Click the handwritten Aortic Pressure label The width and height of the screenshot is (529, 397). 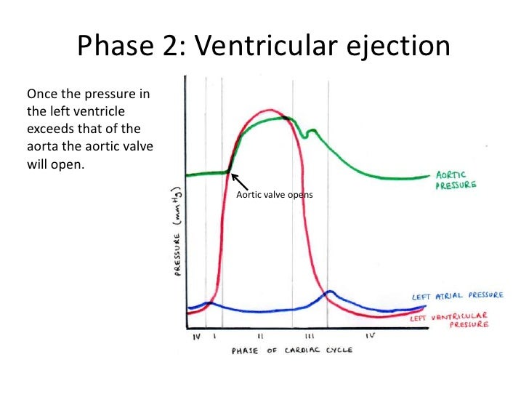click(456, 180)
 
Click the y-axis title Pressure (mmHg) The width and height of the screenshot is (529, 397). click(177, 233)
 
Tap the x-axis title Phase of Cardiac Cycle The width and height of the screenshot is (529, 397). click(292, 350)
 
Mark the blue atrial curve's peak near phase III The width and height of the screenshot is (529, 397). click(330, 292)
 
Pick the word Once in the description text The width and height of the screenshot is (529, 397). click(41, 95)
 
